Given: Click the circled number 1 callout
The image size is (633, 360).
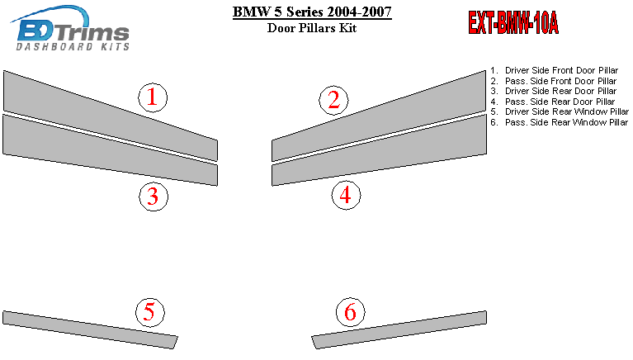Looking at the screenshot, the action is [x=153, y=97].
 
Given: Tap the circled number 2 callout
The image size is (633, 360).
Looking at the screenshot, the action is [x=333, y=100].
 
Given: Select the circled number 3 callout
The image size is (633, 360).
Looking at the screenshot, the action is [x=154, y=197].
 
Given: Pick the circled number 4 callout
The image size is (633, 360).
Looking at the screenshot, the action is [x=346, y=195].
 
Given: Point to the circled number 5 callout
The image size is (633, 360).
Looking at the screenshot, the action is [x=149, y=312].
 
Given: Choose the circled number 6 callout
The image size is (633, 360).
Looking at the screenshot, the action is [x=351, y=312].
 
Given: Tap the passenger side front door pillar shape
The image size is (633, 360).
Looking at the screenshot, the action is [x=379, y=116].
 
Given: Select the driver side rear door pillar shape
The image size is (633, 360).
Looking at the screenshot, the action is [x=111, y=150].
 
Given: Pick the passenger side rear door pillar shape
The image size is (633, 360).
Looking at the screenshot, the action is [x=379, y=150].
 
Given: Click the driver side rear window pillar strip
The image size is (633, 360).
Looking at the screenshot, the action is [x=90, y=329].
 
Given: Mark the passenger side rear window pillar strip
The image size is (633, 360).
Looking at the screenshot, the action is [x=399, y=329].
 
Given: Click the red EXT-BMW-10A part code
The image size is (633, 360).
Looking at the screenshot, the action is [x=513, y=22].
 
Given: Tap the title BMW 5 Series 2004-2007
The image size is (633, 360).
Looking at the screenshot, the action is [x=312, y=12].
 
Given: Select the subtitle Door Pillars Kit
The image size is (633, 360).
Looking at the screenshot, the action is [x=312, y=28].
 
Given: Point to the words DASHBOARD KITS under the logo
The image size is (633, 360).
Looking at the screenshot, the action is [x=73, y=47].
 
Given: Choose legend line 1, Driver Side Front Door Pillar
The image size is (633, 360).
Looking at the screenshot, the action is [x=555, y=70].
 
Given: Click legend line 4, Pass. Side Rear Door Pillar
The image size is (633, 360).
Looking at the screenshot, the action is [x=553, y=102].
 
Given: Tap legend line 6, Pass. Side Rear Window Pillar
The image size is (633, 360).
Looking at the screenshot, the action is [x=560, y=122].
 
